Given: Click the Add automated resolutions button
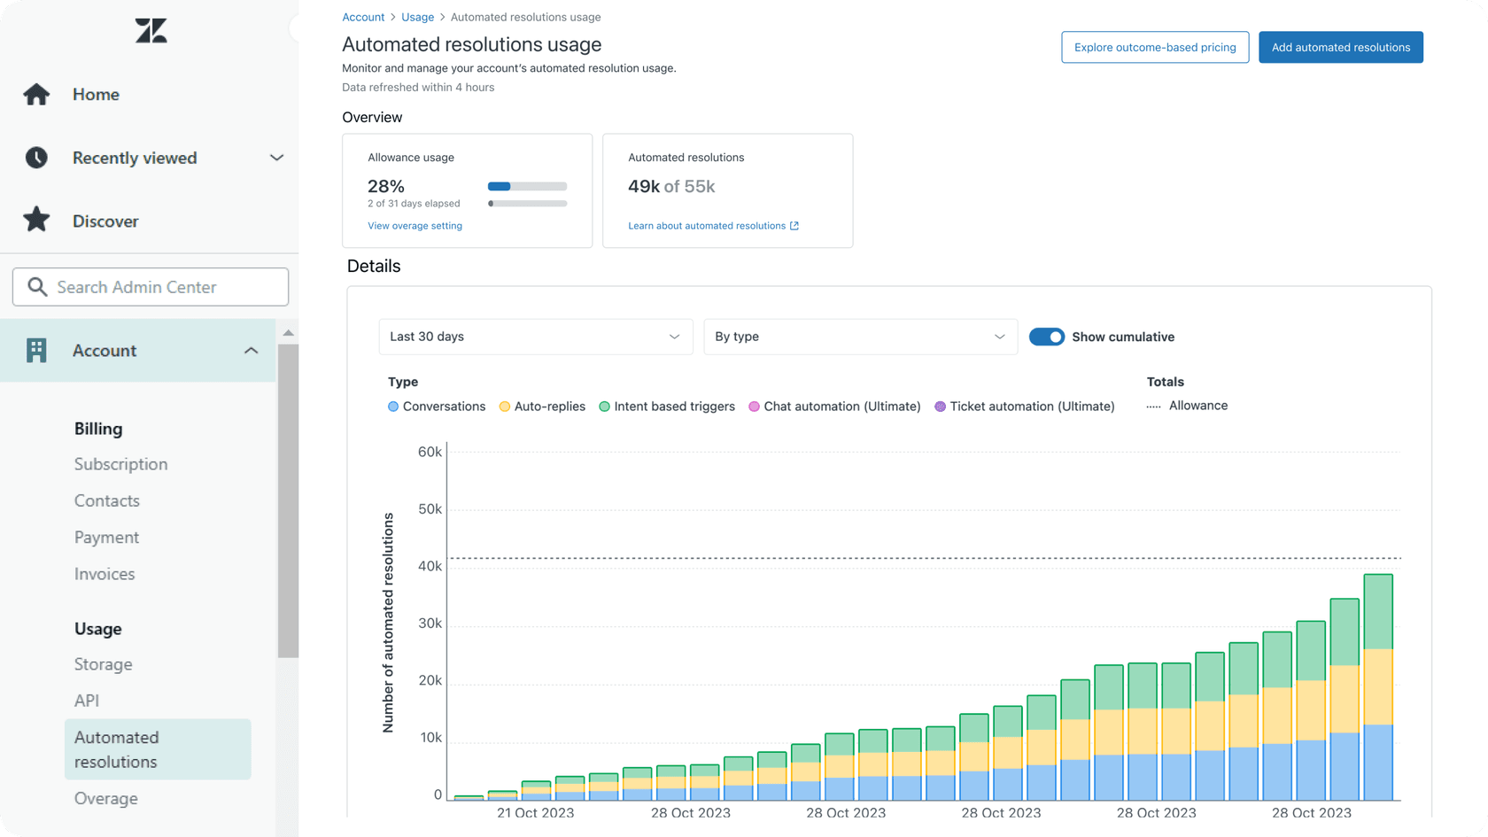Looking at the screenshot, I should pyautogui.click(x=1340, y=48).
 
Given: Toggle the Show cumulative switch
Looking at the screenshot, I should pyautogui.click(x=1046, y=337).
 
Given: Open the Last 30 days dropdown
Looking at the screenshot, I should pyautogui.click(x=535, y=337).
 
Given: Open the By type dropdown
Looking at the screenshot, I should pyautogui.click(x=859, y=337).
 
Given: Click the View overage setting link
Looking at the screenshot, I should pyautogui.click(x=415, y=226).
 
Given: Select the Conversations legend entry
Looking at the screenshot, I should pyautogui.click(x=437, y=407).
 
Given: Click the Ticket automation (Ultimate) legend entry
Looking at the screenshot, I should pyautogui.click(x=1025, y=407).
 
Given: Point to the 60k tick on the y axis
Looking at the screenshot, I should pyautogui.click(x=430, y=452).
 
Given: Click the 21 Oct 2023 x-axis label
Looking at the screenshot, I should pyautogui.click(x=535, y=812).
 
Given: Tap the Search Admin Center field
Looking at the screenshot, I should pyautogui.click(x=151, y=287).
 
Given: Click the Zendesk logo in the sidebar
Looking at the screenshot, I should pyautogui.click(x=151, y=31).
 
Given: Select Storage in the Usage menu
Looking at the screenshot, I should pyautogui.click(x=103, y=664).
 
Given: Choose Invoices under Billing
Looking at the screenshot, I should pyautogui.click(x=105, y=574).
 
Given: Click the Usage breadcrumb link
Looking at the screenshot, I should pyautogui.click(x=417, y=17).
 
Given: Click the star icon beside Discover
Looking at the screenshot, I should pyautogui.click(x=36, y=220).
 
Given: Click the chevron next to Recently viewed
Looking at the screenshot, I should pyautogui.click(x=276, y=158).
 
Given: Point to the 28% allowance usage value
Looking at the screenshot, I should pyautogui.click(x=386, y=186).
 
